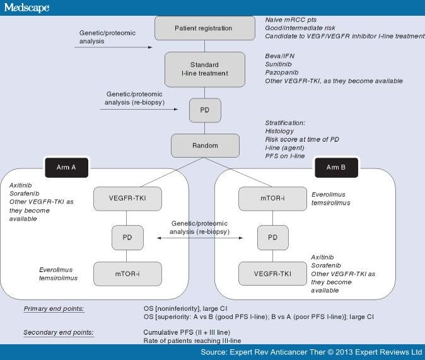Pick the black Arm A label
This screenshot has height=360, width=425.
coord(66,168)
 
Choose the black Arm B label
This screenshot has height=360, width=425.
coord(336,168)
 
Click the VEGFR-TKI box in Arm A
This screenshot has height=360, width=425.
coord(127,199)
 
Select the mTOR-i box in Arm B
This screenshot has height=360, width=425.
coord(272,199)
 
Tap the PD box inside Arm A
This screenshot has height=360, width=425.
coord(127,237)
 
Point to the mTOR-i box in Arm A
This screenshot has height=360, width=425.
coord(127,274)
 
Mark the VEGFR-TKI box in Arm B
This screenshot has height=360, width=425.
coord(272,274)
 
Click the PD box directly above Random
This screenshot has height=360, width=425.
coord(205,110)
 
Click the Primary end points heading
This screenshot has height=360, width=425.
coord(54,309)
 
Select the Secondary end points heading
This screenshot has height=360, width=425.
coord(59,332)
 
